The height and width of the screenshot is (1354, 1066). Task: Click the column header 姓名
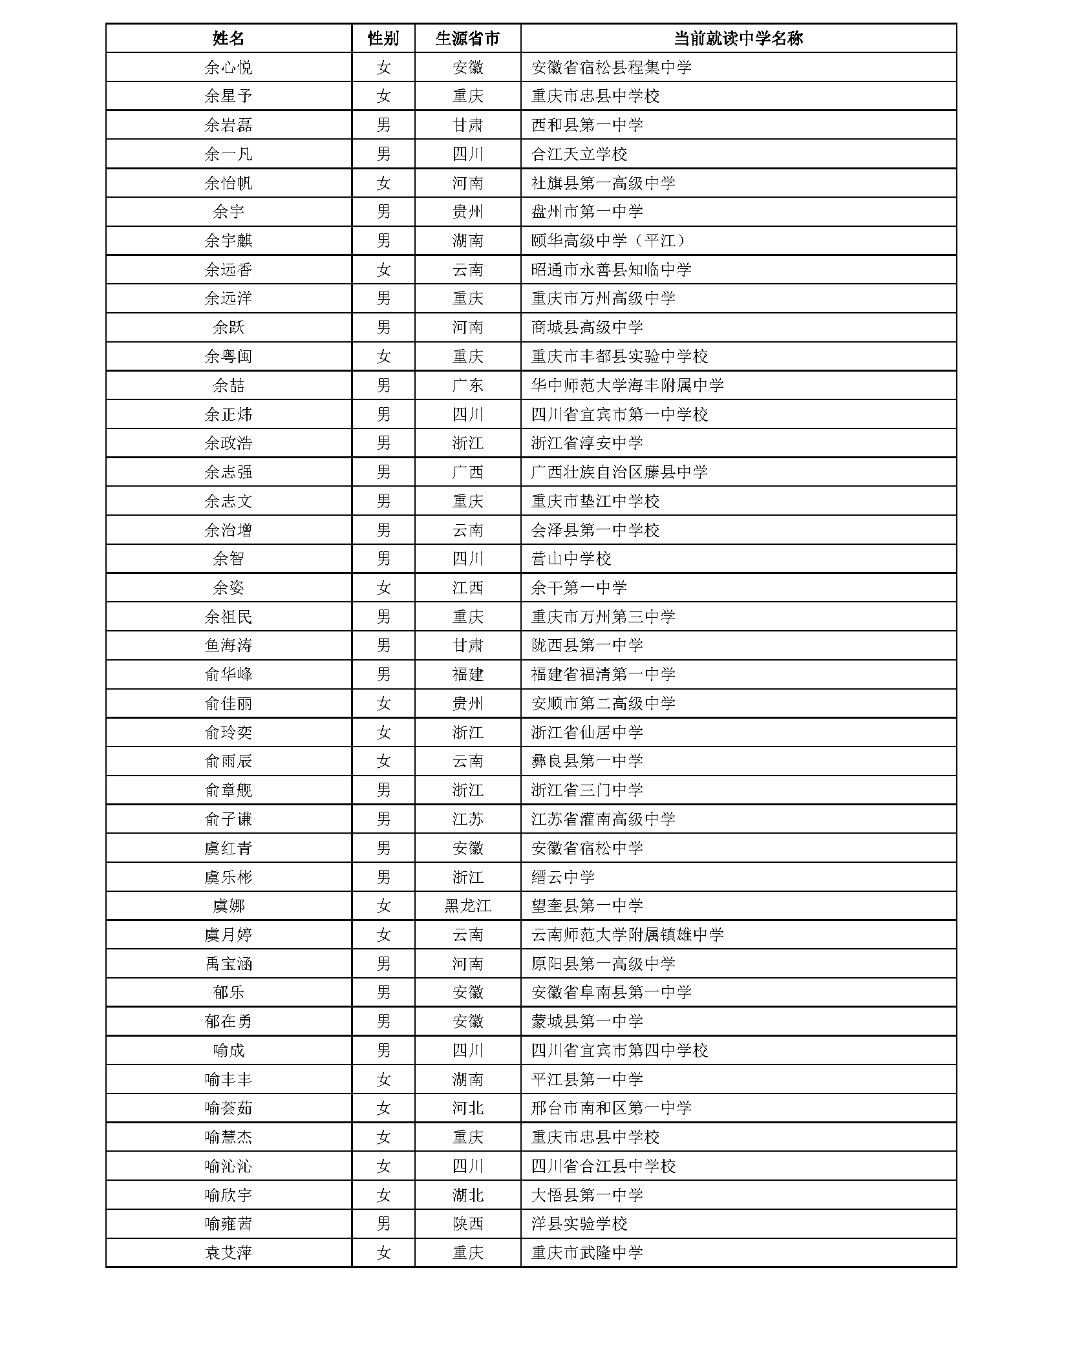click(x=228, y=38)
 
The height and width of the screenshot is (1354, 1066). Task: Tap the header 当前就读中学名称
click(x=738, y=38)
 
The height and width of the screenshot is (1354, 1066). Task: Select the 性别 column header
click(x=383, y=38)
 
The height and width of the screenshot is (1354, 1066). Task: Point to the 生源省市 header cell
click(x=467, y=38)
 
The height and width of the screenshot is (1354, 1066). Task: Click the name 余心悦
click(x=228, y=67)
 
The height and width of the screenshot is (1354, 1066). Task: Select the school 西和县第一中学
click(x=587, y=125)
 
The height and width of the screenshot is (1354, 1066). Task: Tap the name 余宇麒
click(x=228, y=240)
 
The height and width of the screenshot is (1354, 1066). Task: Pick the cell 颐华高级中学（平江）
click(x=610, y=240)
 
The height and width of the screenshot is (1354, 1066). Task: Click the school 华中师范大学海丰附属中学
click(x=627, y=385)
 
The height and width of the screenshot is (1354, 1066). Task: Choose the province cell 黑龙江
click(x=467, y=905)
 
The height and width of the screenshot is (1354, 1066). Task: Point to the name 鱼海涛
click(x=228, y=645)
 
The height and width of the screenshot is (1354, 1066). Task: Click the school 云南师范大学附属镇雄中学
click(x=627, y=935)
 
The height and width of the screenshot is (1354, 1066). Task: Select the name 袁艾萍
click(x=228, y=1253)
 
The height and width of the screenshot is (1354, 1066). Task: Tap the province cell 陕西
click(x=467, y=1223)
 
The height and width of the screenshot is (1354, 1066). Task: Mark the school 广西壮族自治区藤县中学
click(x=619, y=472)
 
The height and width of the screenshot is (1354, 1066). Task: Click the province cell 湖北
click(x=467, y=1195)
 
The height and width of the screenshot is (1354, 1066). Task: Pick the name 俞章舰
click(x=228, y=790)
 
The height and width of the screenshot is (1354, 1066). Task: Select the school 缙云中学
click(x=562, y=877)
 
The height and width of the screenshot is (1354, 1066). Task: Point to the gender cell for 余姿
click(x=383, y=587)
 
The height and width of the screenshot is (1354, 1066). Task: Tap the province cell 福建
click(x=467, y=674)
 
